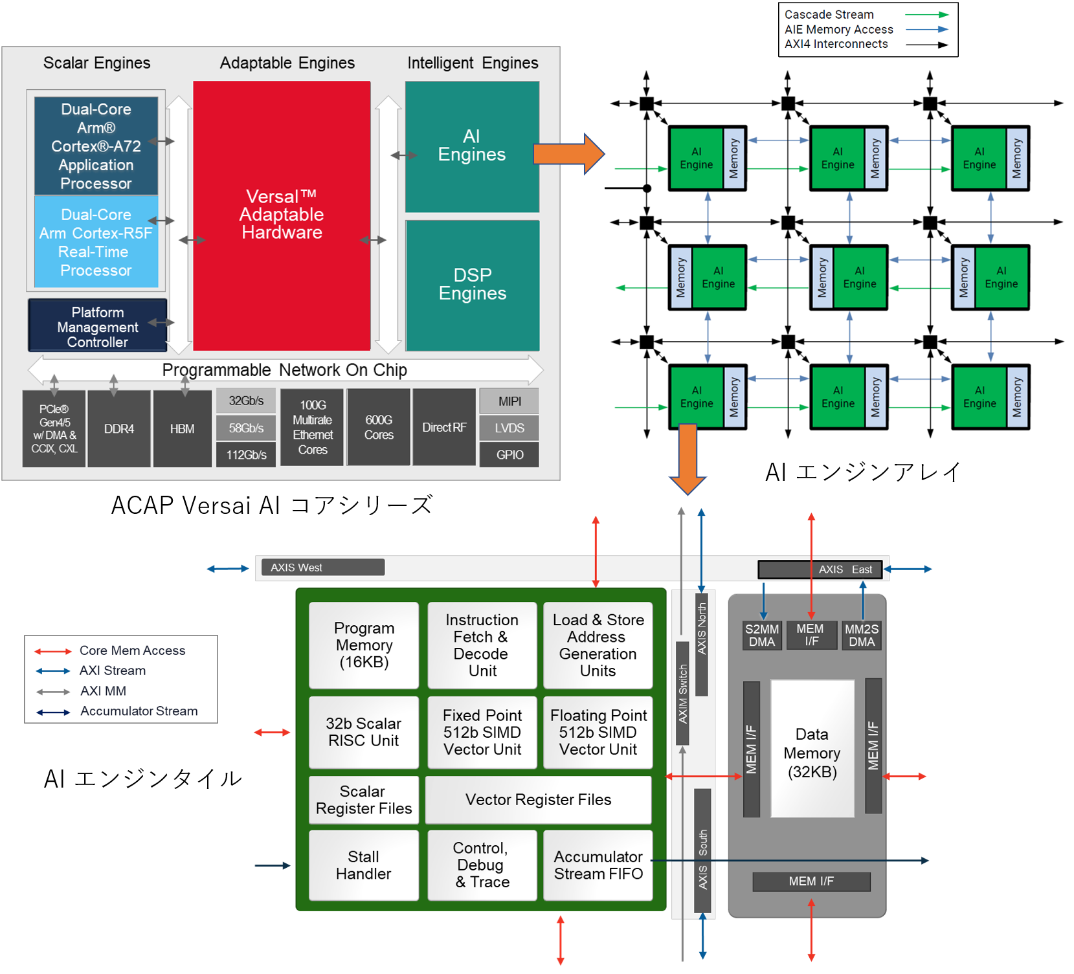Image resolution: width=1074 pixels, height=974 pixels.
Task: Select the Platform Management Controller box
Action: tap(98, 326)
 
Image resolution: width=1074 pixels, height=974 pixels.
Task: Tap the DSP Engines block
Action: tap(472, 285)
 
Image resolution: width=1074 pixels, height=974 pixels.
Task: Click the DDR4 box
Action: tap(119, 428)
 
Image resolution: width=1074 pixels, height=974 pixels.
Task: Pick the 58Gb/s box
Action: tap(246, 428)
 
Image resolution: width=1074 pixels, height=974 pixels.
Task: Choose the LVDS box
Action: tap(509, 428)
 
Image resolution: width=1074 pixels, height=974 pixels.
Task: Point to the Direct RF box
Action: tap(444, 427)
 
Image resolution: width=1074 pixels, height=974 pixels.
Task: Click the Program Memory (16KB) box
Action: tap(364, 645)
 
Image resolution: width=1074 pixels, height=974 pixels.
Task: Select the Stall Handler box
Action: tap(364, 865)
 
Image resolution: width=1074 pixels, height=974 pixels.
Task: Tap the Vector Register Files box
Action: tap(538, 800)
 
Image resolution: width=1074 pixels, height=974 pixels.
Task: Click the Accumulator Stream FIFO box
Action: tap(598, 865)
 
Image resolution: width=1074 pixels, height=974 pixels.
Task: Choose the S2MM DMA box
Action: tap(762, 636)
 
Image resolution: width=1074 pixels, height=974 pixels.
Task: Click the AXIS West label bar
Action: tap(322, 568)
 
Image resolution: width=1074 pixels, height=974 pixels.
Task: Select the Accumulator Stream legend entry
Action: tap(139, 711)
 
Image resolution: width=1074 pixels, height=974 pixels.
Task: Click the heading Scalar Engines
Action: tap(96, 63)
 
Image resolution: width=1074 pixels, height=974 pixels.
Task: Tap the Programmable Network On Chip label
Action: tap(284, 370)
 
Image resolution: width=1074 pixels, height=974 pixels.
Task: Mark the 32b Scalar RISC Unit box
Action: tap(364, 732)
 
